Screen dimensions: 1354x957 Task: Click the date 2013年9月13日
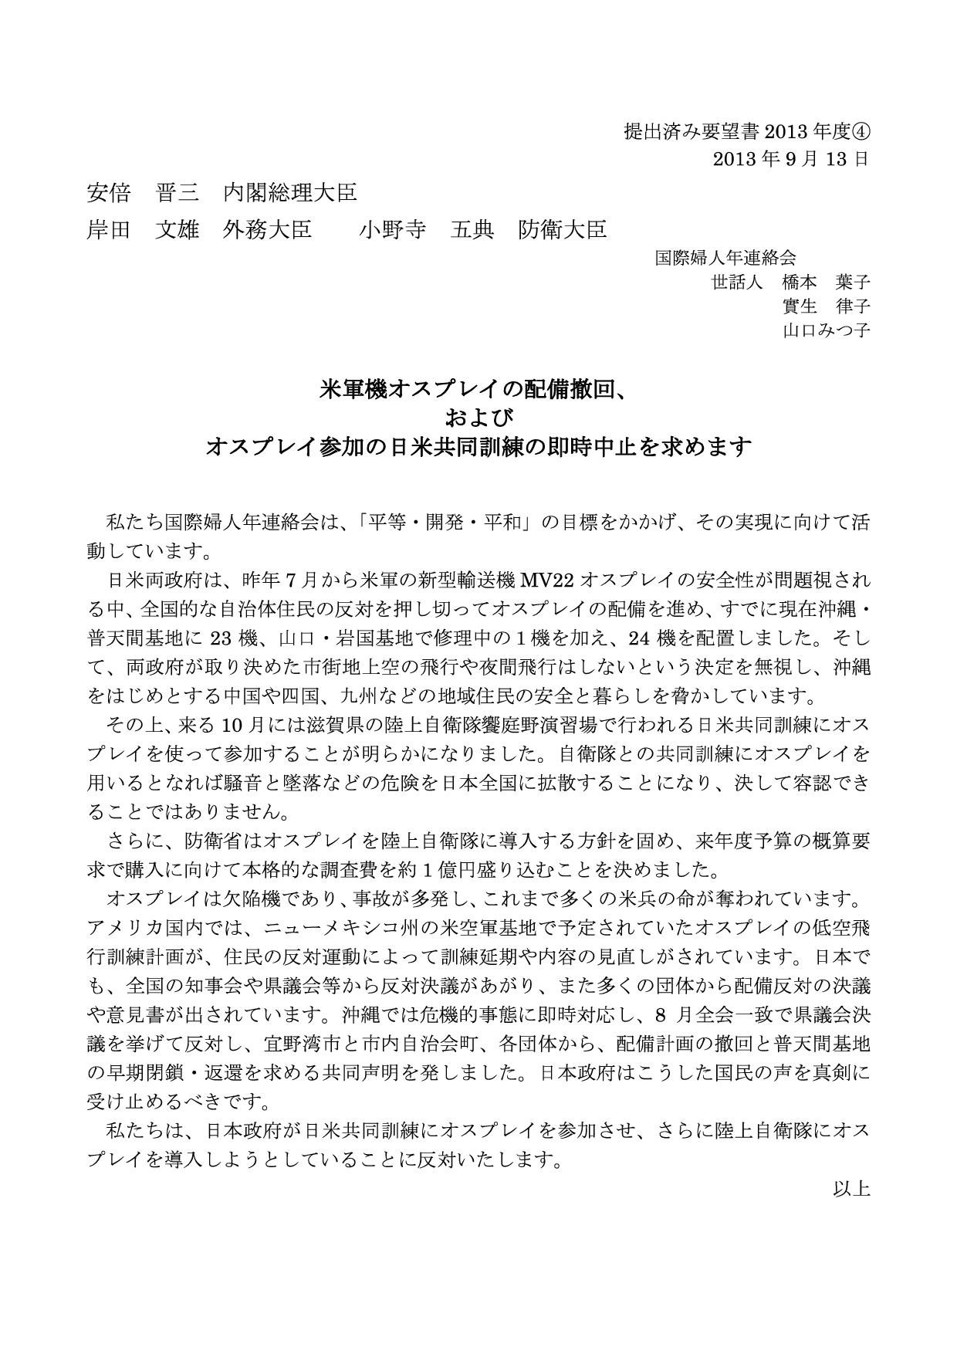point(791,159)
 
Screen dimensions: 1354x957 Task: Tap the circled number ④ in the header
point(862,131)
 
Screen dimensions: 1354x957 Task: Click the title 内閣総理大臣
point(290,192)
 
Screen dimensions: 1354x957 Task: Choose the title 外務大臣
point(267,229)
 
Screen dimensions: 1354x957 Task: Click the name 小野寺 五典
point(426,229)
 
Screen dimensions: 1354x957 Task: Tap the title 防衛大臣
point(563,229)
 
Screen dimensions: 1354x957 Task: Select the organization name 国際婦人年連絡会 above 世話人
point(725,257)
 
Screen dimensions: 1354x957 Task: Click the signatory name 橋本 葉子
point(826,282)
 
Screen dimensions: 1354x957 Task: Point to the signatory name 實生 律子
point(826,306)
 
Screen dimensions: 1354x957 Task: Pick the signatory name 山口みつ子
point(826,331)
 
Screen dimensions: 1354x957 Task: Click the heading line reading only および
point(478,418)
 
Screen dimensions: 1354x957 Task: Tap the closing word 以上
point(851,1188)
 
